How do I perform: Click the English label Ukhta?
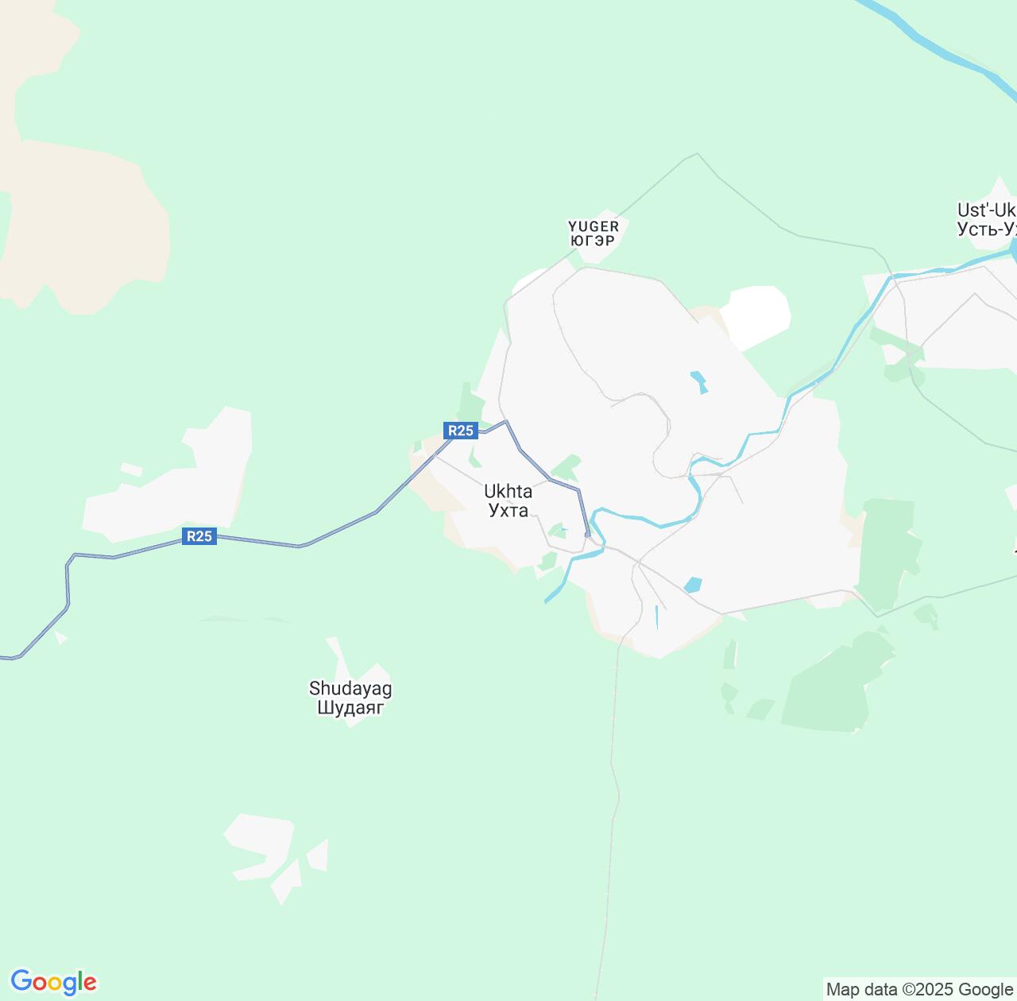[x=508, y=492]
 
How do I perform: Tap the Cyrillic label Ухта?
[x=508, y=510]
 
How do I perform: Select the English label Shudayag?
[x=350, y=688]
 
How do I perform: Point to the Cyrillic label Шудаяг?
[x=350, y=707]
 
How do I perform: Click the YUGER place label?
[x=594, y=226]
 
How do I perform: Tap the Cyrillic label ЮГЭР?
[x=594, y=241]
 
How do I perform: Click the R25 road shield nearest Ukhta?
[x=461, y=431]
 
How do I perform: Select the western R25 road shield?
[x=199, y=536]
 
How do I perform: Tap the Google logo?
[x=53, y=982]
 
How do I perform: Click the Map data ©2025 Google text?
[x=919, y=989]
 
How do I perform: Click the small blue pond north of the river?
[x=699, y=381]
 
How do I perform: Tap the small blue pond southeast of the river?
[x=693, y=586]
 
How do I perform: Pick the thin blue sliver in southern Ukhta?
[x=657, y=616]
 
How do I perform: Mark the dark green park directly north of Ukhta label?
[x=567, y=467]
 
